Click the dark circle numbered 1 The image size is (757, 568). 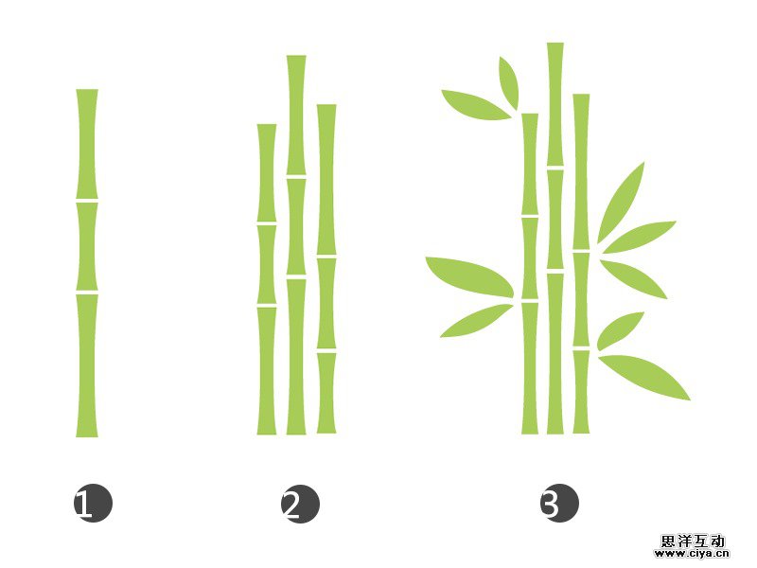(x=93, y=504)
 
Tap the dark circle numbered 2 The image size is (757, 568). (x=300, y=504)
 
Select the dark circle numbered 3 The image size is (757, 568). (x=559, y=504)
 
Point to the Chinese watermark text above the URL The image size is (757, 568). (x=694, y=540)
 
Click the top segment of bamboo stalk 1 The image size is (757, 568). (x=87, y=144)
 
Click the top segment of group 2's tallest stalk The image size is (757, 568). (x=296, y=114)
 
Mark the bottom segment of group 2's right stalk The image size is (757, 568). (x=326, y=393)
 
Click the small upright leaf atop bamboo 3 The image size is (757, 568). (x=509, y=81)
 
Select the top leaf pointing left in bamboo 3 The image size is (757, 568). (x=475, y=104)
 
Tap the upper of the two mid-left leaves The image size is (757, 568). (x=468, y=275)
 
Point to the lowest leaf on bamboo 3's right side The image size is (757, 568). (x=645, y=376)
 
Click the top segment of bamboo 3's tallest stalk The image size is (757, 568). (x=555, y=104)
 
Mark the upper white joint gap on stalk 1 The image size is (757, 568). (x=87, y=201)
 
